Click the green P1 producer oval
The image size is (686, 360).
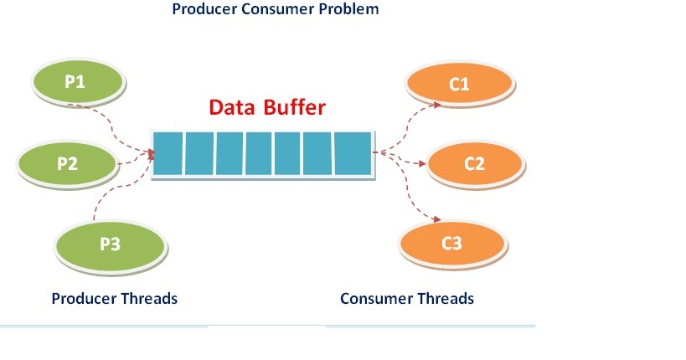(x=77, y=81)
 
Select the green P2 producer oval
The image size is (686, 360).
(x=67, y=163)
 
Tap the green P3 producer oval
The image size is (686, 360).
(x=109, y=244)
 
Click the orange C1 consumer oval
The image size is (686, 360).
(x=458, y=85)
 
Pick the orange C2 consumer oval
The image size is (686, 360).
(x=474, y=163)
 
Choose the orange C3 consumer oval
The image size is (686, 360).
(x=451, y=244)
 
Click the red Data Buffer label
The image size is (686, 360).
(x=266, y=108)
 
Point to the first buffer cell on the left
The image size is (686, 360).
(x=168, y=154)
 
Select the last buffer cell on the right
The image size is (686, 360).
(x=352, y=154)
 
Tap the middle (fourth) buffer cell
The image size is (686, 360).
(x=260, y=154)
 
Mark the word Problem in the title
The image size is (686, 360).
(x=347, y=10)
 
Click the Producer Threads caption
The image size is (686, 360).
(x=115, y=298)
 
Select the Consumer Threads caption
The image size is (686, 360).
(x=407, y=298)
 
